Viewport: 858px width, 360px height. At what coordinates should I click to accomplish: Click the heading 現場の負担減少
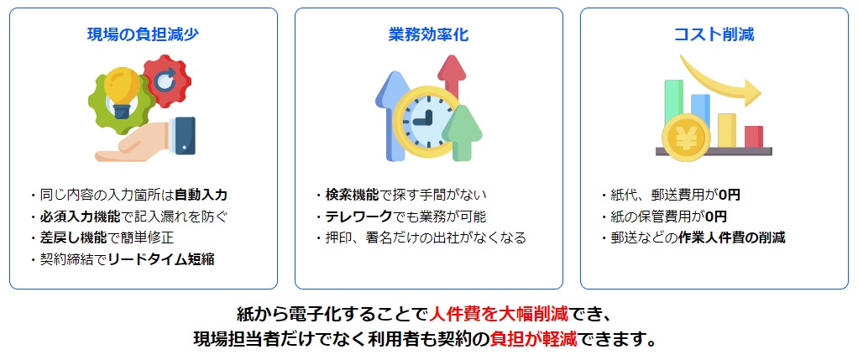pyautogui.click(x=143, y=34)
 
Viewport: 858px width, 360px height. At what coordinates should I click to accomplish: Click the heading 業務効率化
pyautogui.click(x=428, y=34)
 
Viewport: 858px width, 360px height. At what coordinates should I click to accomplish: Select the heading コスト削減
pyautogui.click(x=714, y=34)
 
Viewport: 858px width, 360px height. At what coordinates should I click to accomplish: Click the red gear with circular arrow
pyautogui.click(x=167, y=81)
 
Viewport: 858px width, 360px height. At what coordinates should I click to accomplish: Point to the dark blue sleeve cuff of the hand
pyautogui.click(x=183, y=136)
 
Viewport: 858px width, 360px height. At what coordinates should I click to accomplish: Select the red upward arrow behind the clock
pyautogui.click(x=452, y=76)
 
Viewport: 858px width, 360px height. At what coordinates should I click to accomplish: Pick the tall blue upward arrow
pyautogui.click(x=391, y=115)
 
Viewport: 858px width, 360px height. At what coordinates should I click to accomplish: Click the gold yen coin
pyautogui.click(x=686, y=138)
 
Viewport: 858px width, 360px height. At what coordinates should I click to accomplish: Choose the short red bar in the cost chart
pyautogui.click(x=754, y=137)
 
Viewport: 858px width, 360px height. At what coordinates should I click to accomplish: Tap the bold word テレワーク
pyautogui.click(x=359, y=217)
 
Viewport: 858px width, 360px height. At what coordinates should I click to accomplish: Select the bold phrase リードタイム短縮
pyautogui.click(x=161, y=259)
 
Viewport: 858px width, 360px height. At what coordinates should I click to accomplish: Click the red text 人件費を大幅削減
pyautogui.click(x=499, y=314)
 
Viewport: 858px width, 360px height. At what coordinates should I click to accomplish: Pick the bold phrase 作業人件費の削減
pyautogui.click(x=731, y=237)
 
